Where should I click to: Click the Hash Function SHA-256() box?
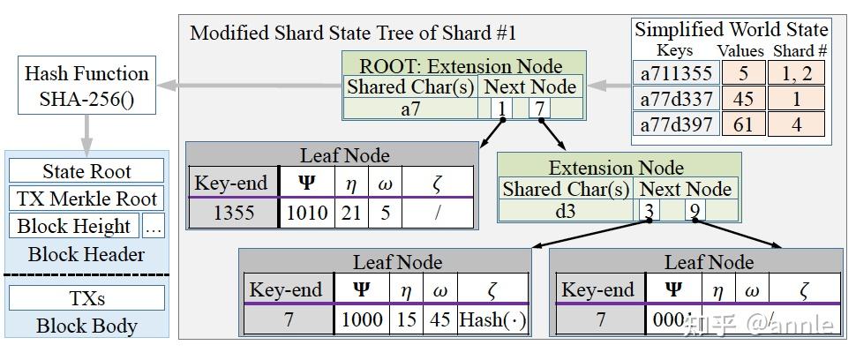pyautogui.click(x=86, y=86)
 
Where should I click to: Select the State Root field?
pyautogui.click(x=86, y=171)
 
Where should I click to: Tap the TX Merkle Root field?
pyautogui.click(x=86, y=199)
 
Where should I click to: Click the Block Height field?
pyautogui.click(x=74, y=226)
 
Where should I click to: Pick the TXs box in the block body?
pyautogui.click(x=86, y=298)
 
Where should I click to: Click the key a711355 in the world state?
pyautogui.click(x=676, y=74)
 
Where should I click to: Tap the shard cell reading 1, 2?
pyautogui.click(x=796, y=74)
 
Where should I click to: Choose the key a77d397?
pyautogui.click(x=676, y=124)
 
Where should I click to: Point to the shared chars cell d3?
pyautogui.click(x=565, y=210)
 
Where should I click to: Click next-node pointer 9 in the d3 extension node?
pyautogui.click(x=695, y=211)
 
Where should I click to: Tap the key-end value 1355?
pyautogui.click(x=233, y=213)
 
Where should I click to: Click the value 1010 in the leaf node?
pyautogui.click(x=307, y=213)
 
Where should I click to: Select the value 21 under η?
pyautogui.click(x=351, y=213)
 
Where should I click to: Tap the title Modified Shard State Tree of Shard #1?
pyautogui.click(x=353, y=34)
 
